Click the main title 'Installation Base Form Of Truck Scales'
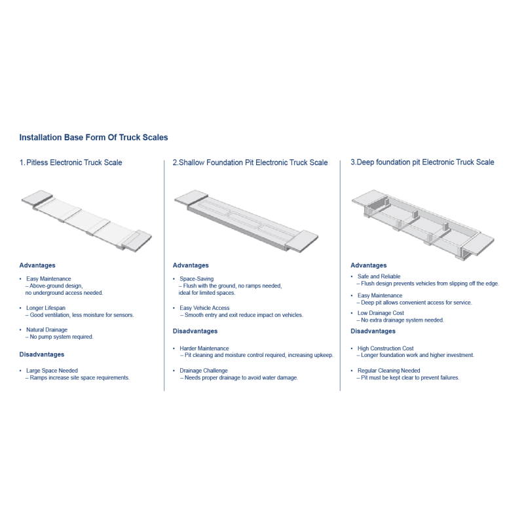click(x=94, y=138)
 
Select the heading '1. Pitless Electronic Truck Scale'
click(x=71, y=162)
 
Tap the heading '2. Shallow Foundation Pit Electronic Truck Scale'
click(x=250, y=162)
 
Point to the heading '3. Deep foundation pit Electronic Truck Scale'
click(x=422, y=162)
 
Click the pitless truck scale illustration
click(x=86, y=221)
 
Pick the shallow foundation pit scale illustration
click(x=246, y=221)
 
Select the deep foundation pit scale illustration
click(x=422, y=225)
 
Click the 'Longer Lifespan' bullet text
click(x=46, y=308)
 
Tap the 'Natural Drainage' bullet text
click(x=47, y=329)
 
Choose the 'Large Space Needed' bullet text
click(x=52, y=371)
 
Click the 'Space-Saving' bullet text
click(x=196, y=279)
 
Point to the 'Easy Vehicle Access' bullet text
click(x=204, y=308)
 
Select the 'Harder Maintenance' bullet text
click(x=204, y=348)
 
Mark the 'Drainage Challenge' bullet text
click(x=204, y=371)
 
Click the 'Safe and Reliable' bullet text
click(x=379, y=276)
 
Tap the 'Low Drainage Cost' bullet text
click(x=381, y=313)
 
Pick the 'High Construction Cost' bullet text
click(x=385, y=348)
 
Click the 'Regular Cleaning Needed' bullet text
click(x=388, y=371)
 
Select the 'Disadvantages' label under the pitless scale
click(x=42, y=354)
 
